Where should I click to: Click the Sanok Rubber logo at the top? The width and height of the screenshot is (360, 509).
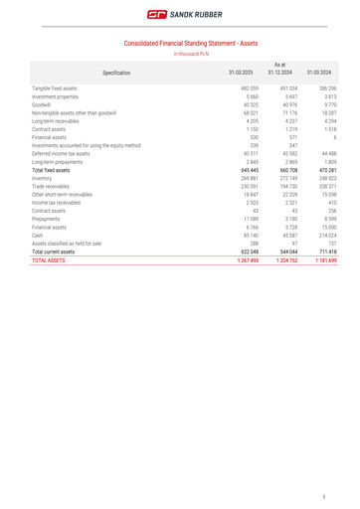(180, 15)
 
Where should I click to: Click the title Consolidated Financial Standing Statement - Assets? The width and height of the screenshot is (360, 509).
(191, 43)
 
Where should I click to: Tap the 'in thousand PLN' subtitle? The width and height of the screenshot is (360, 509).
(191, 54)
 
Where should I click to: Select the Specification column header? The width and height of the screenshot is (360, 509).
(116, 73)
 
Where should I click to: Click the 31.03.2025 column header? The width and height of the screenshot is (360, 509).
(242, 73)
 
